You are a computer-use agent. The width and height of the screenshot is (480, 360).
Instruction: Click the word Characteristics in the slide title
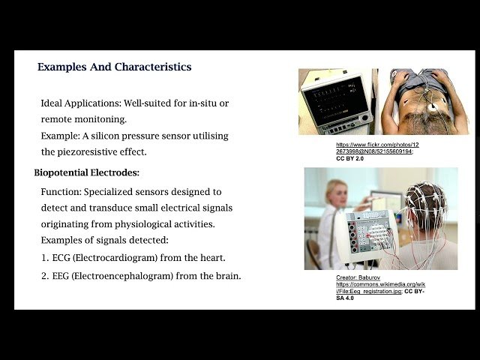click(153, 67)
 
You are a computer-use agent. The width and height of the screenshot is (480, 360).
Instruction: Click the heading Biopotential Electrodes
click(86, 173)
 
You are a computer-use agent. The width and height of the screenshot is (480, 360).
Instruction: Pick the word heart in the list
click(212, 257)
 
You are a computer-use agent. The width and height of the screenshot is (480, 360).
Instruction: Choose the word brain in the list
click(228, 276)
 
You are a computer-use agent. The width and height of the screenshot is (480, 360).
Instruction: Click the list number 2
click(44, 276)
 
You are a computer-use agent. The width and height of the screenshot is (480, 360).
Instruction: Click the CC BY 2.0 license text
click(349, 159)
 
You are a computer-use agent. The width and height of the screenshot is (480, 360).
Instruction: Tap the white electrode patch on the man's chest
click(433, 108)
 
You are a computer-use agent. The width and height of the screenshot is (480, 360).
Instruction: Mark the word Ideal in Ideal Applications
click(52, 103)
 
